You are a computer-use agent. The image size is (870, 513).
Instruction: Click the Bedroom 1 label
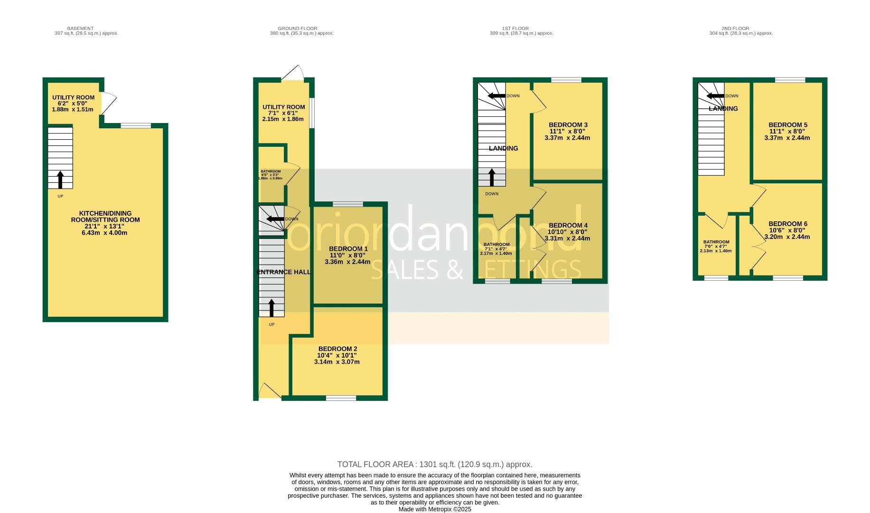coord(348,249)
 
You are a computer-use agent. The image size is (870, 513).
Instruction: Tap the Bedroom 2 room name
coord(337,349)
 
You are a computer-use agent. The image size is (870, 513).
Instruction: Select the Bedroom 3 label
coord(568,125)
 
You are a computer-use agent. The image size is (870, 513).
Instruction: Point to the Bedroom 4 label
coord(568,225)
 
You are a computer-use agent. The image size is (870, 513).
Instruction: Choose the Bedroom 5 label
coord(787,125)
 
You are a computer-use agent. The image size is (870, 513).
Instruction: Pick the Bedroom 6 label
coord(787,224)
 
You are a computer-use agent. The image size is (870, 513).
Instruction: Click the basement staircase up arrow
coord(60,180)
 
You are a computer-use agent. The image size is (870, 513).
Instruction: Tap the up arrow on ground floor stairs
coord(271,307)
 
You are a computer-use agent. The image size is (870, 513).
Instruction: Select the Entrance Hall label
coord(283,272)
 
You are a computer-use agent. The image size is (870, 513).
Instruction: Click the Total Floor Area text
coord(435,465)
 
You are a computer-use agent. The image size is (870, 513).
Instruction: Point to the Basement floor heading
coord(80,28)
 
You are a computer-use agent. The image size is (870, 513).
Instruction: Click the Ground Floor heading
coord(298,28)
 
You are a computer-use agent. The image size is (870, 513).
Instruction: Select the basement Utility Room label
coord(73,97)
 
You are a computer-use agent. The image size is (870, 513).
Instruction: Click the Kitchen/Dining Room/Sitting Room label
coord(105,217)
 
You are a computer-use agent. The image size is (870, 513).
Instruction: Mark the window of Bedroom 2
coord(341,398)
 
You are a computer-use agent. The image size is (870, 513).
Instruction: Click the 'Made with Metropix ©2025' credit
coord(435,509)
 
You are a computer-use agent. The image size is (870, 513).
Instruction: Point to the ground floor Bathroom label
coord(271,171)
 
